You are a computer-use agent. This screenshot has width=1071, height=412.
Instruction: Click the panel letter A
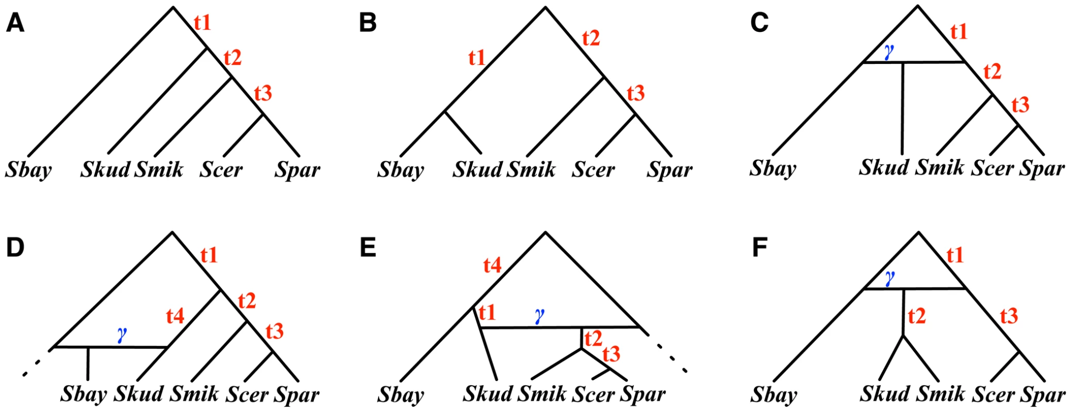(15, 23)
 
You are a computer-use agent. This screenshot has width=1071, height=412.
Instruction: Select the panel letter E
(368, 248)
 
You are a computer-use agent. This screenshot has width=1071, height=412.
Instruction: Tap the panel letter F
(760, 248)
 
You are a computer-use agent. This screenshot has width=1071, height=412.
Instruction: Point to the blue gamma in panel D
(122, 334)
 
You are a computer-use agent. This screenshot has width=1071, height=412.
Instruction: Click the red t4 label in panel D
(175, 316)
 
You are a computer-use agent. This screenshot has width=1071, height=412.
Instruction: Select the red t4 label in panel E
(492, 265)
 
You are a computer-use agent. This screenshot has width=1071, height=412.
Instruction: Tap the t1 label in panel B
(477, 57)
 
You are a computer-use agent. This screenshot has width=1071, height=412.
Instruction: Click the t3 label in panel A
(262, 93)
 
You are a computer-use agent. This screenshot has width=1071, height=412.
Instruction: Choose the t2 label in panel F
(916, 315)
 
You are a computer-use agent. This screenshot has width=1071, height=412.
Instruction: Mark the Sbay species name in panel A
(28, 169)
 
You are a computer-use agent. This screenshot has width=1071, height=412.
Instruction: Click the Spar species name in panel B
(669, 169)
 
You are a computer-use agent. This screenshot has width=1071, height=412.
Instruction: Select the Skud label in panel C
(884, 167)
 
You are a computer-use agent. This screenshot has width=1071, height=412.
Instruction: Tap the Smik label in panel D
(194, 394)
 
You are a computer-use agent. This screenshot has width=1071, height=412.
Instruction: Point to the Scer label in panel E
(593, 394)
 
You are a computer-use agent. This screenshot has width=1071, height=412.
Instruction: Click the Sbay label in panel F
(773, 395)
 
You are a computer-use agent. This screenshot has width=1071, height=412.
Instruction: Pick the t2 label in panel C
(992, 71)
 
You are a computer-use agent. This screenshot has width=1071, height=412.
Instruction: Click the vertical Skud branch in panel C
(902, 108)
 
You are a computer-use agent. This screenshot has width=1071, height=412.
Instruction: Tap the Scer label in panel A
(221, 169)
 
